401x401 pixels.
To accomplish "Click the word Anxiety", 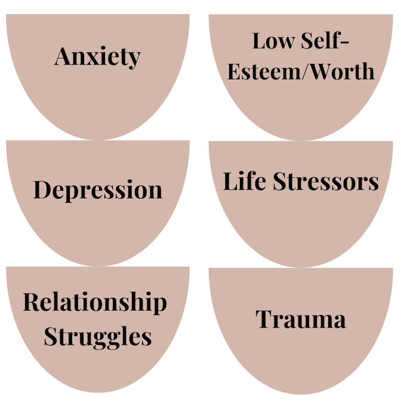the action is [x=98, y=57].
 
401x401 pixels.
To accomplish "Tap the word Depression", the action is [x=98, y=190].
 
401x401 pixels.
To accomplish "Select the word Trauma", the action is [x=301, y=319].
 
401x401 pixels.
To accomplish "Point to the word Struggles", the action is [x=98, y=337].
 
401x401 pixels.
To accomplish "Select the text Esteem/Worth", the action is [x=301, y=72].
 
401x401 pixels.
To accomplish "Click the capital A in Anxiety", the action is [x=62, y=57].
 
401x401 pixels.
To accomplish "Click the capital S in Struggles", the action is [x=51, y=337].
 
